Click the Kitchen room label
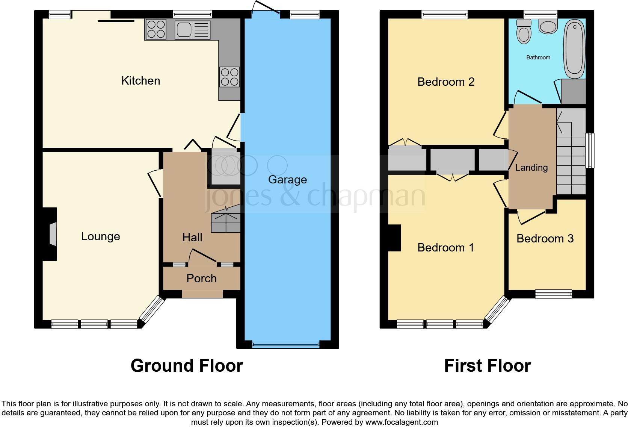click(x=140, y=81)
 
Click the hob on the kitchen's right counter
click(x=229, y=77)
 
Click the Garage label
click(x=287, y=180)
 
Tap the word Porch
click(x=201, y=279)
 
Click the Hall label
click(x=192, y=238)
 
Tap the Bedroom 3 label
click(x=545, y=239)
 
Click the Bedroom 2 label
click(x=446, y=82)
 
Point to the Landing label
click(x=531, y=168)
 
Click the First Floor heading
click(x=487, y=366)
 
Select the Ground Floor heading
click(x=187, y=366)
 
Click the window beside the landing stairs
click(x=590, y=150)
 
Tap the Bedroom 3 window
click(x=553, y=294)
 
